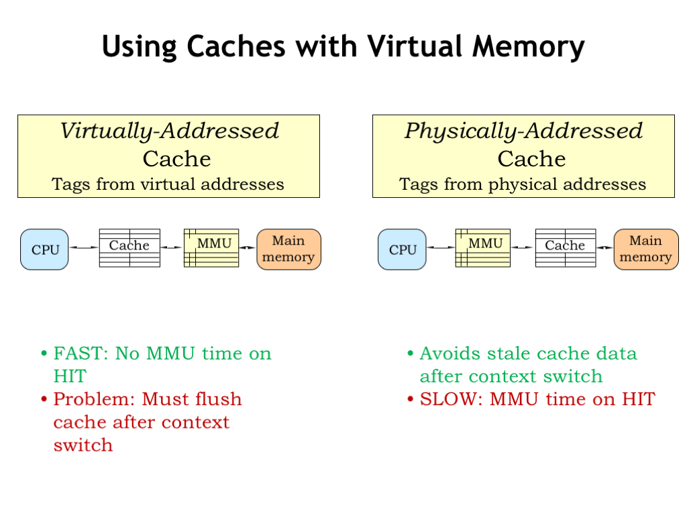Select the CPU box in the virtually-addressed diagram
[x=44, y=249]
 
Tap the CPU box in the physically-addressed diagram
[x=402, y=249]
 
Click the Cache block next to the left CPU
[x=129, y=248]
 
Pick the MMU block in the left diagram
[x=211, y=248]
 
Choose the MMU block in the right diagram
[x=482, y=248]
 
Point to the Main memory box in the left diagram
[x=288, y=249]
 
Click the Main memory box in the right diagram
[x=645, y=249]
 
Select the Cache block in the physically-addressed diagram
[x=566, y=248]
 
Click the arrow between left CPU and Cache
[x=84, y=248]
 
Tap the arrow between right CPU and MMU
[x=441, y=248]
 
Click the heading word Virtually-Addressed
[x=169, y=131]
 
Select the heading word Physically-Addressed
[x=523, y=131]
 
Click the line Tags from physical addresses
[x=523, y=184]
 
